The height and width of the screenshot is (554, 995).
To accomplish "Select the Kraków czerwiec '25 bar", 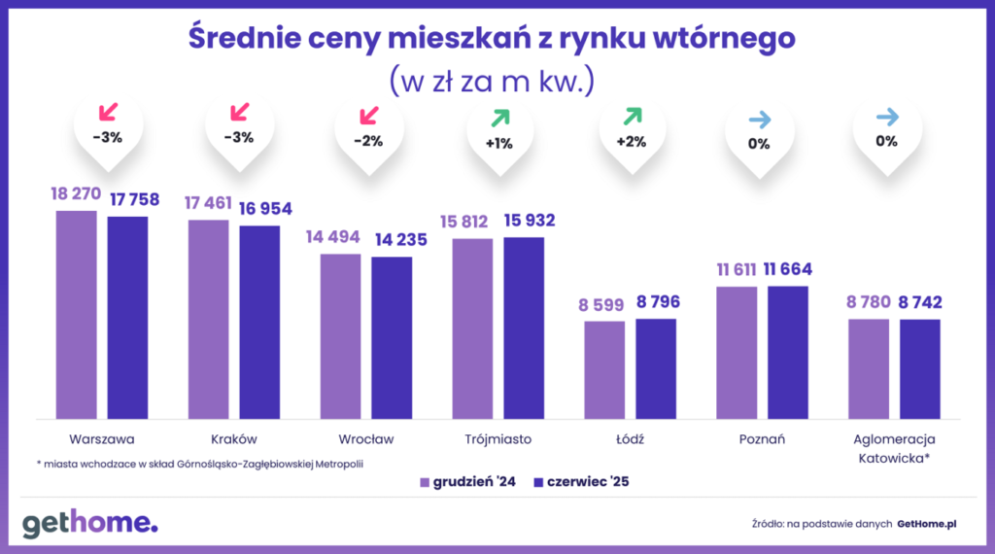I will pyautogui.click(x=259, y=322).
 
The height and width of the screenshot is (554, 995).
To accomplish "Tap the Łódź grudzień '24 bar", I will pyautogui.click(x=604, y=369).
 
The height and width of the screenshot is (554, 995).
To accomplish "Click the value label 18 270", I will pyautogui.click(x=75, y=194).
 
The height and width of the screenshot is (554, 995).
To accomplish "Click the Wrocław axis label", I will pyautogui.click(x=366, y=438).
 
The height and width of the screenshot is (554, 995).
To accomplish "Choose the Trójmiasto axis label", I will pyautogui.click(x=498, y=438).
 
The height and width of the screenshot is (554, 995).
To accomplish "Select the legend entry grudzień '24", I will pyautogui.click(x=467, y=481).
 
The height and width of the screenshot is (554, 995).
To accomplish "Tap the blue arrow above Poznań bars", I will pyautogui.click(x=759, y=119).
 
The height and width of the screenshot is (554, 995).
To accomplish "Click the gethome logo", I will pyautogui.click(x=89, y=522).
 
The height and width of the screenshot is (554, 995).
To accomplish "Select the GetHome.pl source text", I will pyautogui.click(x=927, y=524).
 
